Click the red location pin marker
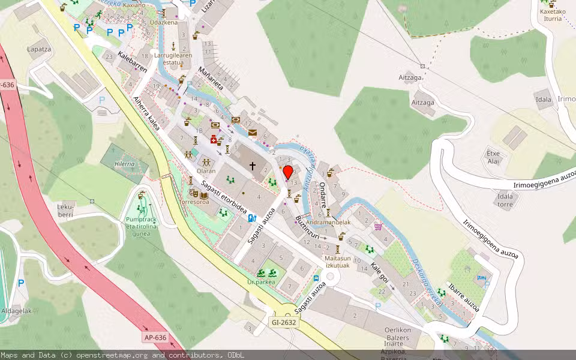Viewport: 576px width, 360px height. pos(287,173)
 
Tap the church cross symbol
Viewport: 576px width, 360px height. pos(253,165)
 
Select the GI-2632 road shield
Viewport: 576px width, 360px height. pos(283,323)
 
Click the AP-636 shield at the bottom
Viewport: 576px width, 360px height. pos(155,337)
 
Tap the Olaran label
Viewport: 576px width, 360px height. pos(206,171)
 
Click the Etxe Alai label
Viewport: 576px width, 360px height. pos(493,157)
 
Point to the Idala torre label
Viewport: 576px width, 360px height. pos(505,200)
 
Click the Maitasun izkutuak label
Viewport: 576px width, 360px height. pos(337,260)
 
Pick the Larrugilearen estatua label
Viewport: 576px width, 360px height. pos(173,58)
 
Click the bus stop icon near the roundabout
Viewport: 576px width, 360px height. pos(316,278)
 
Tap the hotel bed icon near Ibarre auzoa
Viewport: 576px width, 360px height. pos(481,278)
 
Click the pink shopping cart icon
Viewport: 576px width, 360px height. pos(378,226)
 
